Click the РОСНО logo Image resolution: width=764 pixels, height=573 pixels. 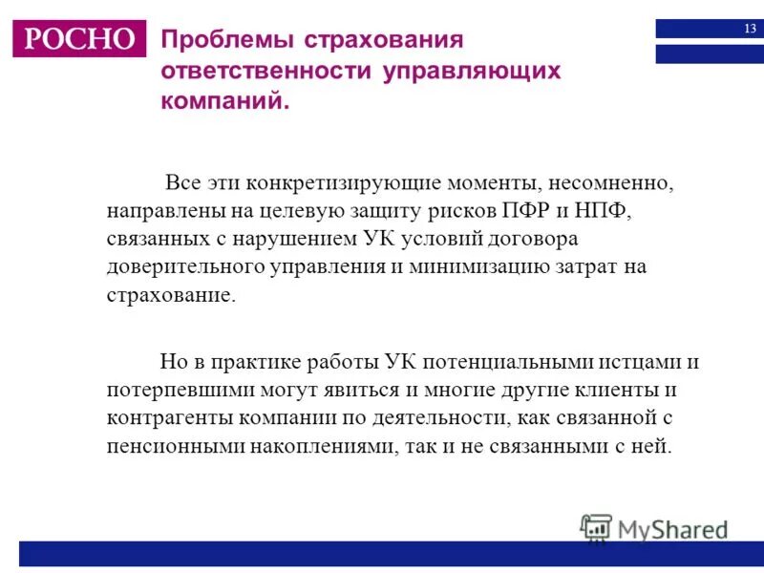pos(79,38)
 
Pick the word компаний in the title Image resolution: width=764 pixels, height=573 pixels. pos(224,101)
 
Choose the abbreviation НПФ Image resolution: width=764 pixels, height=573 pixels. pos(604,210)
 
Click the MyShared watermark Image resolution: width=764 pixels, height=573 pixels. pos(654,528)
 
